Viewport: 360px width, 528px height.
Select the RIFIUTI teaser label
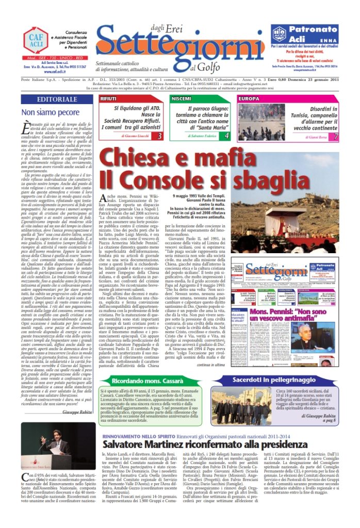click(108, 97)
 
